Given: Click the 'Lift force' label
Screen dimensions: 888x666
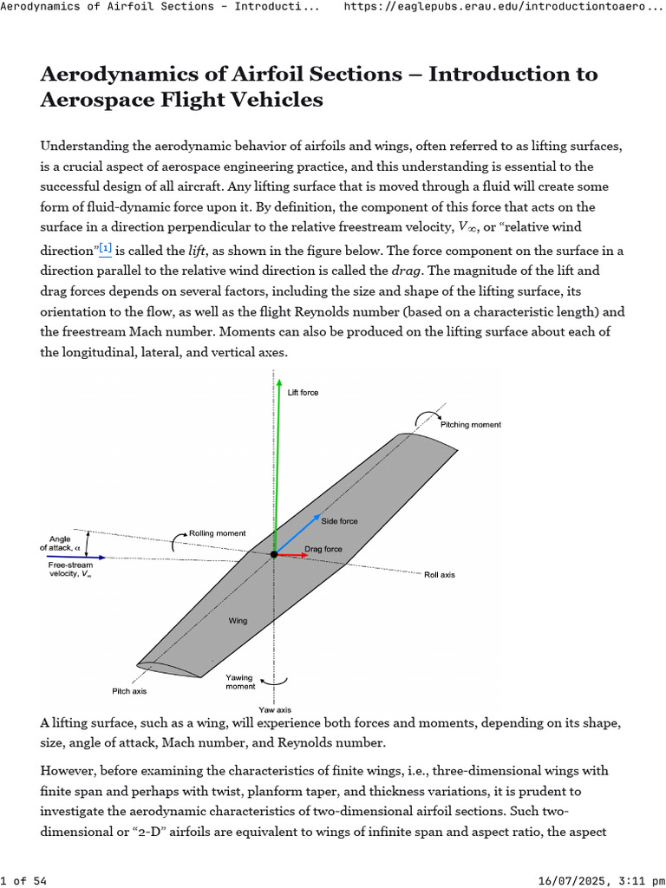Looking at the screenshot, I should (x=303, y=393).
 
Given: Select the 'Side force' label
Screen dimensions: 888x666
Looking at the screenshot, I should (x=339, y=521).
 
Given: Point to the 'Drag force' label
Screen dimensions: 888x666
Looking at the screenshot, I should (x=323, y=549).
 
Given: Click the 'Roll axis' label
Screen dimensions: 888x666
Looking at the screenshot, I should (x=439, y=575).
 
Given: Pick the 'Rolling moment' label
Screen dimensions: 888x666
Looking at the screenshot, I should (x=217, y=532).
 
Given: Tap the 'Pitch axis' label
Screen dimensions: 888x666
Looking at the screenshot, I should (x=129, y=691).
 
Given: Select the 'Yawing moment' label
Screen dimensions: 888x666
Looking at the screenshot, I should (x=240, y=681).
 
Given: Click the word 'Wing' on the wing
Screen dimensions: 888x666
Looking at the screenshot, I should (x=238, y=621).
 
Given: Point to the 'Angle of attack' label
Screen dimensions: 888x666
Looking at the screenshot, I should (x=64, y=543).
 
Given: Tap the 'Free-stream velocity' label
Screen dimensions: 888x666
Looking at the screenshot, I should (x=70, y=569).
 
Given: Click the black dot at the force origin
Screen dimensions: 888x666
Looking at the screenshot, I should (x=275, y=553).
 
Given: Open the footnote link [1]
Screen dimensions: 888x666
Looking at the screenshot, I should (x=105, y=248).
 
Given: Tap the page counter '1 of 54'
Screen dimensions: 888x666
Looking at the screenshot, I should (x=23, y=881).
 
